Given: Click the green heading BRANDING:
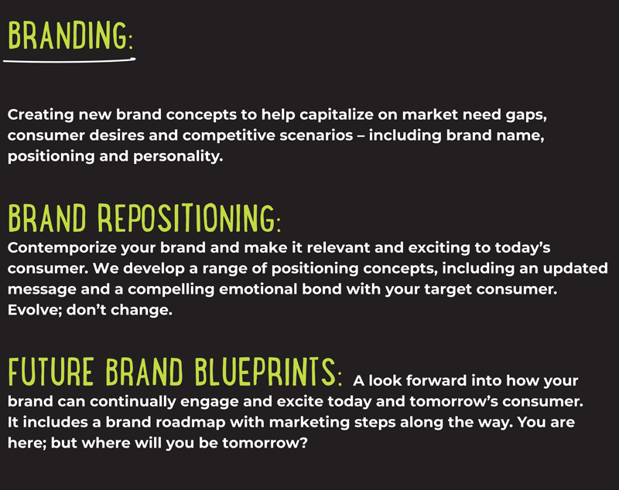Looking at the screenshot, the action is pyautogui.click(x=70, y=36).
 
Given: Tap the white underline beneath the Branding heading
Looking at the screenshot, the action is pyautogui.click(x=70, y=61).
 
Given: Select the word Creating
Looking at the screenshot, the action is pyautogui.click(x=41, y=115).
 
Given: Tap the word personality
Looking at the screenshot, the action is pyautogui.click(x=178, y=157).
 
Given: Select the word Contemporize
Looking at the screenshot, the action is pyautogui.click(x=62, y=248).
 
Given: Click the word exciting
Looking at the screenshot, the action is pyautogui.click(x=439, y=248).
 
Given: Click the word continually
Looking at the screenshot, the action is pyautogui.click(x=132, y=402).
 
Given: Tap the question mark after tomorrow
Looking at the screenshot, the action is pyautogui.click(x=303, y=443).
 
